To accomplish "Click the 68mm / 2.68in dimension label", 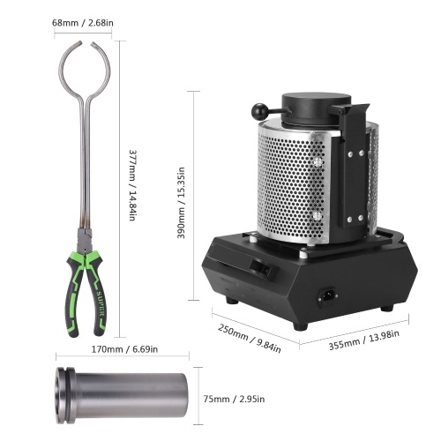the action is tap(83, 23).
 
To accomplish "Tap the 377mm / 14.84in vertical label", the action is tap(133, 185).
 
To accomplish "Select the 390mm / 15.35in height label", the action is tap(181, 203).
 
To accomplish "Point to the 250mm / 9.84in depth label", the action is tap(250, 338).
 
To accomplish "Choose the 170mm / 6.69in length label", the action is tap(124, 349).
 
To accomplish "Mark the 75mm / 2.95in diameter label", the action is tap(234, 399).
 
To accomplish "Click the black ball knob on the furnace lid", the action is tap(259, 110).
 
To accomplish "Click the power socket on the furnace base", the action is tap(328, 295).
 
